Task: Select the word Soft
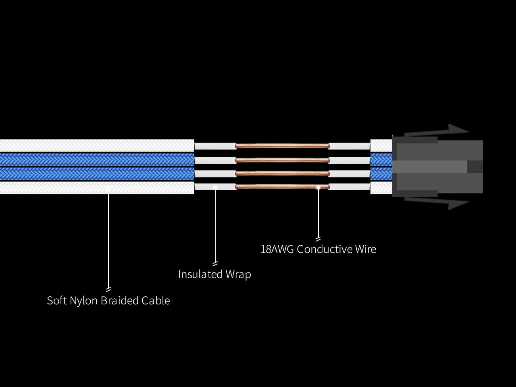coord(57,301)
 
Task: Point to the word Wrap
coord(238,275)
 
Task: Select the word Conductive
coord(325,249)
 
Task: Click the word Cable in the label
coord(155,301)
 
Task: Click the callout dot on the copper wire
coord(318,187)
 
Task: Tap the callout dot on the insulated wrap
coord(215,187)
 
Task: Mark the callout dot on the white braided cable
coord(108,187)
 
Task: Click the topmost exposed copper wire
coord(282,146)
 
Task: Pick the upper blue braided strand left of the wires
coord(97,160)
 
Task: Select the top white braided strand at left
coord(97,146)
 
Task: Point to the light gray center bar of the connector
coord(431,167)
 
